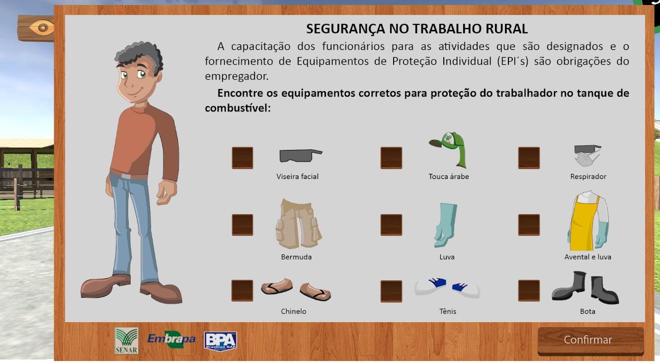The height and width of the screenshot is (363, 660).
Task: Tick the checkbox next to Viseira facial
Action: click(x=243, y=158)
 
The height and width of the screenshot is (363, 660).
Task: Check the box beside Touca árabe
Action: click(x=391, y=158)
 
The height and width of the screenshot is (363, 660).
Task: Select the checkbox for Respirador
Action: click(x=529, y=158)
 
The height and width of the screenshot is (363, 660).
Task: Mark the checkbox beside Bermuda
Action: click(x=243, y=225)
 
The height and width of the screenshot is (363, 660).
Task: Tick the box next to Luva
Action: click(x=391, y=225)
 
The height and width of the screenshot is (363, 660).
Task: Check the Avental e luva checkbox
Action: click(x=529, y=225)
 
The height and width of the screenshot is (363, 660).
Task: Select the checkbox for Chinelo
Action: click(x=243, y=291)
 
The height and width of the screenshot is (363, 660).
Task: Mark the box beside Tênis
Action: click(x=391, y=291)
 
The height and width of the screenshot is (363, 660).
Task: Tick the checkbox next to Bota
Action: click(x=529, y=291)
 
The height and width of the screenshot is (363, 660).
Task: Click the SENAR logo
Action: click(x=126, y=341)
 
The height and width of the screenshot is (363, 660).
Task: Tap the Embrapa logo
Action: click(x=171, y=340)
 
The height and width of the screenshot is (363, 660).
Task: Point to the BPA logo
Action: click(x=220, y=341)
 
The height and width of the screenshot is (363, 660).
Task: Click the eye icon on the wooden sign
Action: click(x=43, y=27)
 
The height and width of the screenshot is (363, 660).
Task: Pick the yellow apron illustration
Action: click(x=582, y=224)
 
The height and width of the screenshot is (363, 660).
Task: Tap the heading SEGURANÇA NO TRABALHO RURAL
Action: click(x=416, y=29)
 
